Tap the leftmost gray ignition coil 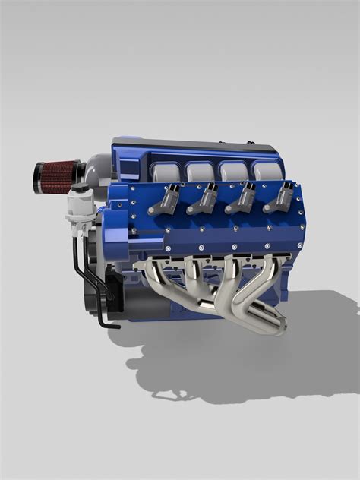click(164, 200)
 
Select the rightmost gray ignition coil click(280, 198)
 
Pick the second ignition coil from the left click(203, 199)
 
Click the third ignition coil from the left click(243, 199)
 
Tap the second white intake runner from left click(199, 172)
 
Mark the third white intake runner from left click(232, 172)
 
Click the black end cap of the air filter click(38, 176)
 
